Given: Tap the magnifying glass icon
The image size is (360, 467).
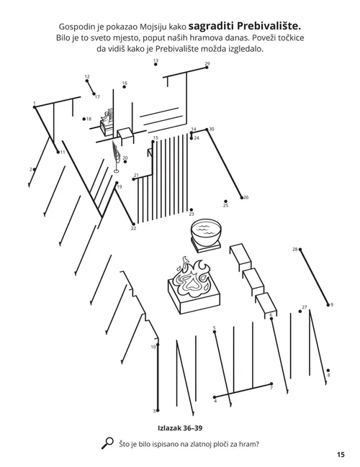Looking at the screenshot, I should click(109, 443).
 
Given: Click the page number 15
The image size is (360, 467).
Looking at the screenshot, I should click(340, 454).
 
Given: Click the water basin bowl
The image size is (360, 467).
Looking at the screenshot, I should click(204, 234).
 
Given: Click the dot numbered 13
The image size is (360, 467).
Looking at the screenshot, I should click(156, 67).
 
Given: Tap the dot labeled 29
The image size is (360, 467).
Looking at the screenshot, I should click(206, 69).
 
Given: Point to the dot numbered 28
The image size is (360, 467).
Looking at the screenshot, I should click(300, 250).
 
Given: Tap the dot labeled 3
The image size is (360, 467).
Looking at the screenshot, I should click(157, 410).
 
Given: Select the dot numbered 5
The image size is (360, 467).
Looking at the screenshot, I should click(215, 333).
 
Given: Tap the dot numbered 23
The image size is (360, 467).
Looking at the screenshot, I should click(191, 209).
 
